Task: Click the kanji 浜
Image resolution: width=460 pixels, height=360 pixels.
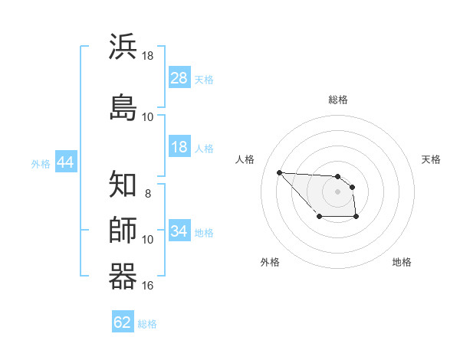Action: pos(123,47)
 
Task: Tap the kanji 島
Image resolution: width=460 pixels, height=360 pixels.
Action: pos(123,106)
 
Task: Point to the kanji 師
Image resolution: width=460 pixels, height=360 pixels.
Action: pos(123,230)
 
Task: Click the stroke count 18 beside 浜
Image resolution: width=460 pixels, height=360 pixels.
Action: pos(148,56)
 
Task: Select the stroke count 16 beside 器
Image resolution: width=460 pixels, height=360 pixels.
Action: pos(148,286)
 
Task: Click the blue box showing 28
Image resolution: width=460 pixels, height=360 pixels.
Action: pos(179,78)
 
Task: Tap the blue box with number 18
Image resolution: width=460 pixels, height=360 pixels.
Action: pos(179,148)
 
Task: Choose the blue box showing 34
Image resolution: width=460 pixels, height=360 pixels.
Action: pos(179,231)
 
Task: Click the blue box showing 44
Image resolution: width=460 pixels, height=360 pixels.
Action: pos(65,163)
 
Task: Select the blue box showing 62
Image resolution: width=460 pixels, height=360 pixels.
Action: pos(123,322)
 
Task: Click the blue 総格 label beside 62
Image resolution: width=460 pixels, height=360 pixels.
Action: pos(147,324)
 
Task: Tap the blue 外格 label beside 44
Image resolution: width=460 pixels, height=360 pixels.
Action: pos(41,164)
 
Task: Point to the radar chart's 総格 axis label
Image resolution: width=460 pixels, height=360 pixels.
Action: pos(338,100)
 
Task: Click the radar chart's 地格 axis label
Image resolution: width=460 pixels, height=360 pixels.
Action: pos(402,262)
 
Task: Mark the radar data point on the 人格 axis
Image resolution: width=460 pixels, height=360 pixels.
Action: pos(279,172)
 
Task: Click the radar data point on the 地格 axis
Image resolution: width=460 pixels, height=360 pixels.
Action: pos(356,218)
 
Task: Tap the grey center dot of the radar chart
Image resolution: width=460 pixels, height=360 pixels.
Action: pos(337,191)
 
